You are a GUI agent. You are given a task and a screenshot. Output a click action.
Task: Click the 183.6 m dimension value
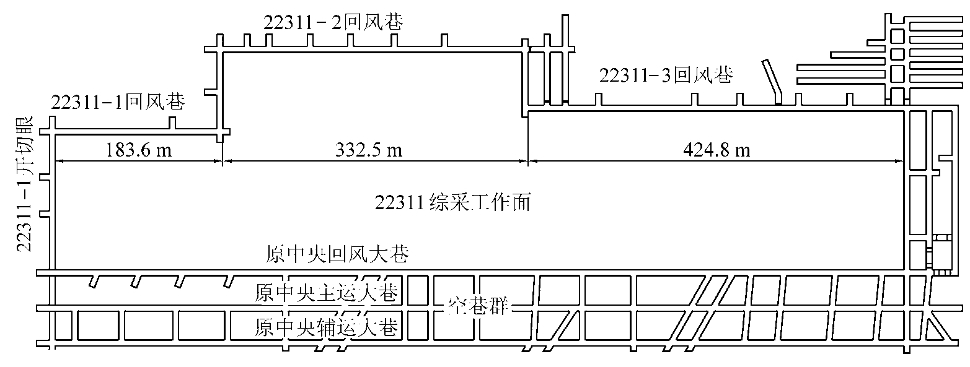(139, 150)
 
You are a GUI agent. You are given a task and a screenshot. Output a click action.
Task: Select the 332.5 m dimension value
(369, 150)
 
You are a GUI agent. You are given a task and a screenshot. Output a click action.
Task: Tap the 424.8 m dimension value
(716, 150)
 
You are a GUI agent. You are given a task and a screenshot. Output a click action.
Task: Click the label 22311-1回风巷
(118, 102)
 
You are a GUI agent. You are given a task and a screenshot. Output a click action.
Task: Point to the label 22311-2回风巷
(333, 22)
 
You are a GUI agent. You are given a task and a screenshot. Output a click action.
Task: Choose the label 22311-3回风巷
(666, 76)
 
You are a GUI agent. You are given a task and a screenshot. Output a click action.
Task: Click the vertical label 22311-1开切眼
(25, 184)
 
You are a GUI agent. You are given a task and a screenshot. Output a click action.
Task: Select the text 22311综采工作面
(452, 202)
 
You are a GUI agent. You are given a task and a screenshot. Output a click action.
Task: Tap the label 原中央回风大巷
(337, 254)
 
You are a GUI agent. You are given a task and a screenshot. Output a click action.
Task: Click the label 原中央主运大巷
(326, 293)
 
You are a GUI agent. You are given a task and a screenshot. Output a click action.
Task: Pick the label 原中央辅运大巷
(326, 327)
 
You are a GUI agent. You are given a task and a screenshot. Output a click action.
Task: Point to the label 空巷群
(478, 306)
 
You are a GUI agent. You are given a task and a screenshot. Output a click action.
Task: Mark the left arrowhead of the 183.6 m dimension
(60, 162)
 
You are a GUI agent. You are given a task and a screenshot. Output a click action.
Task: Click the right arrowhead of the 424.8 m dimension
(899, 162)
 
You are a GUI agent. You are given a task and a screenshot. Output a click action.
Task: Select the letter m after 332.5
(394, 152)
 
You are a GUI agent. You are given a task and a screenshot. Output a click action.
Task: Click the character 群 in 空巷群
(500, 306)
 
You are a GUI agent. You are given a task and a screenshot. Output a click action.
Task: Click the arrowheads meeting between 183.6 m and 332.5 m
(222, 162)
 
